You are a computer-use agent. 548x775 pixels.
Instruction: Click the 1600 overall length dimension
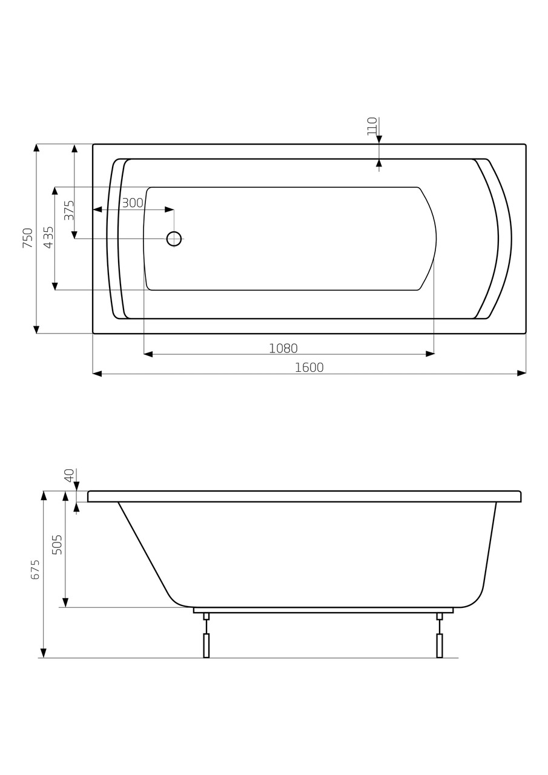click(x=309, y=368)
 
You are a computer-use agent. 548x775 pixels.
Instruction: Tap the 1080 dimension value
click(x=283, y=348)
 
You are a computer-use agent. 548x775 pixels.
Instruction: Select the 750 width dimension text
click(x=28, y=238)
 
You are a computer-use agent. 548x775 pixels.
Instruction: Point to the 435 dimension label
click(x=49, y=237)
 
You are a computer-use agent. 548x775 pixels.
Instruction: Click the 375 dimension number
click(x=69, y=210)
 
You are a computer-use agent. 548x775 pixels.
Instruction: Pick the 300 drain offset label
click(x=133, y=203)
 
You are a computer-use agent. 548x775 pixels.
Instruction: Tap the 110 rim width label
click(x=372, y=127)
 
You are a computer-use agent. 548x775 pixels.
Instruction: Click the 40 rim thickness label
click(x=70, y=475)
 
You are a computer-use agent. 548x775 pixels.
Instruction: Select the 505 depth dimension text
click(x=57, y=545)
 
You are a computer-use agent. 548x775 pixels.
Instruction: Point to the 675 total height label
click(x=35, y=570)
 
